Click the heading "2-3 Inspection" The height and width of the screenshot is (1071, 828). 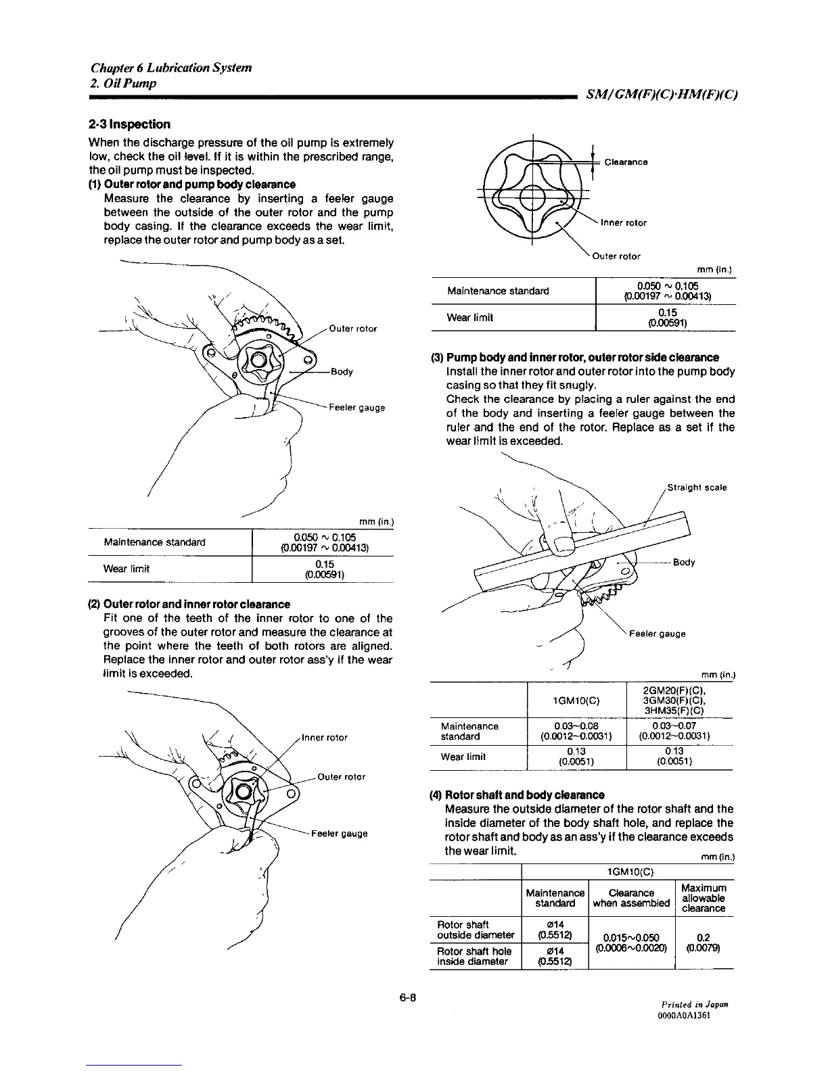pyautogui.click(x=129, y=124)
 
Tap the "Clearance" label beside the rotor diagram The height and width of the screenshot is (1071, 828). pyautogui.click(x=626, y=162)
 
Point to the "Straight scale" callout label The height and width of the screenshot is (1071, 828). pyautogui.click(x=697, y=487)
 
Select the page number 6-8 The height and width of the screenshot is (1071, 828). pyautogui.click(x=407, y=997)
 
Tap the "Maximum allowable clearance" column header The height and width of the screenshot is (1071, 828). pyautogui.click(x=704, y=898)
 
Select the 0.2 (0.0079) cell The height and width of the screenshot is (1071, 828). pyautogui.click(x=704, y=942)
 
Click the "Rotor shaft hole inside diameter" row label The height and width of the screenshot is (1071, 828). pyautogui.click(x=473, y=956)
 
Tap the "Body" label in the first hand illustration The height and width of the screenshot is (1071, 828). pyautogui.click(x=341, y=372)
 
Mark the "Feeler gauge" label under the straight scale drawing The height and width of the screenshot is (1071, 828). pyautogui.click(x=657, y=634)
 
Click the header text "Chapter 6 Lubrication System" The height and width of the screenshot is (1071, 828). pyautogui.click(x=171, y=68)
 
